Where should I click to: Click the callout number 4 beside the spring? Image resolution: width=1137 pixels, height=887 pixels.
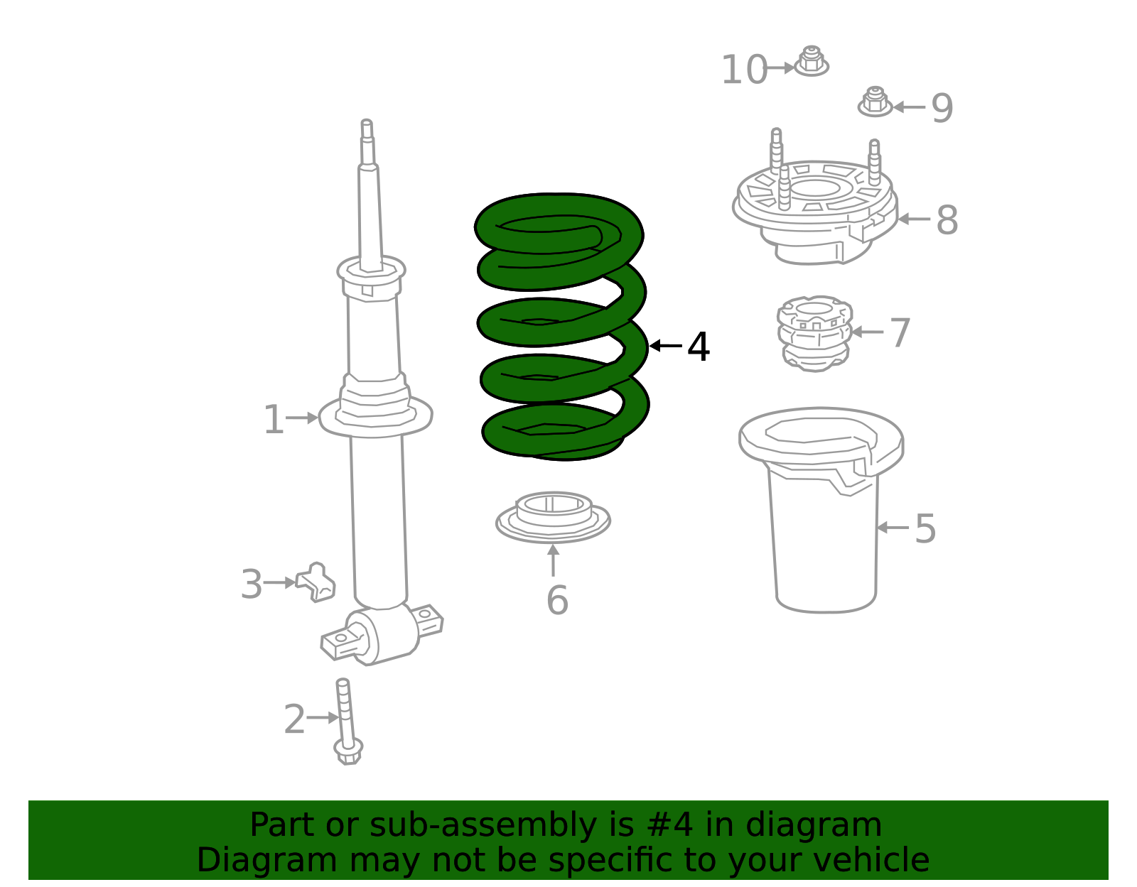tap(699, 347)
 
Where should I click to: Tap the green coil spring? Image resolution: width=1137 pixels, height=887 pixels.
tap(561, 327)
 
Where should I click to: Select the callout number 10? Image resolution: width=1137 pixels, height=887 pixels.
tap(744, 70)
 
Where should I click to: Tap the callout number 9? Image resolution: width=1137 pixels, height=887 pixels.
tap(942, 108)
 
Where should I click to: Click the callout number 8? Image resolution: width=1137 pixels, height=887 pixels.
tap(947, 220)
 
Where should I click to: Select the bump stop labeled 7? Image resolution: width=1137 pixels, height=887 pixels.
tap(815, 333)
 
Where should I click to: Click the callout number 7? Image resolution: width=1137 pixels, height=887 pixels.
tap(900, 332)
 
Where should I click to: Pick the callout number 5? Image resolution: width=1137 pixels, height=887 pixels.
tap(925, 528)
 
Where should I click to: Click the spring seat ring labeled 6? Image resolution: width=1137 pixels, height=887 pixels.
tap(553, 516)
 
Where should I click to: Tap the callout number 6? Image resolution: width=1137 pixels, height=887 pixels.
tap(557, 600)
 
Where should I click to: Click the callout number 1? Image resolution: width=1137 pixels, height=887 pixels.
tap(274, 420)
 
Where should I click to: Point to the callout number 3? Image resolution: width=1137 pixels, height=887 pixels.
tap(252, 584)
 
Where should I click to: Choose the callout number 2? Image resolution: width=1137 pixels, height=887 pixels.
tap(294, 719)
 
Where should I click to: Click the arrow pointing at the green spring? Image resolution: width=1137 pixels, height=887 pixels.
tap(665, 346)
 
